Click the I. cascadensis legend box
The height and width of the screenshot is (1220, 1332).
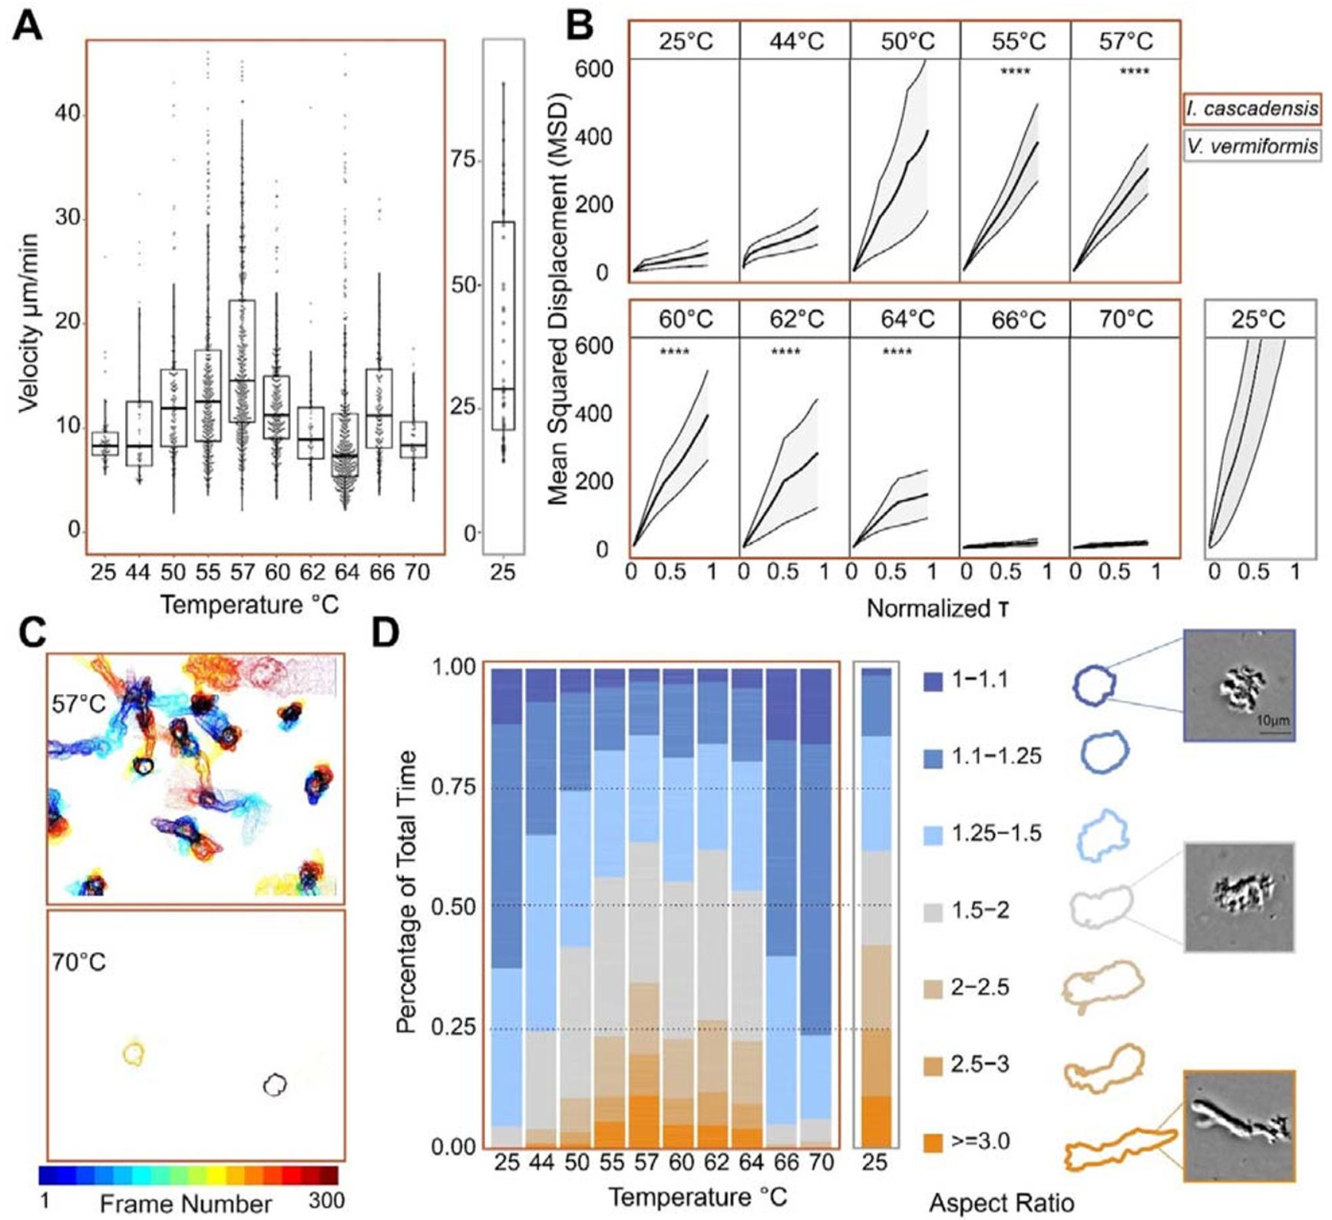1252,108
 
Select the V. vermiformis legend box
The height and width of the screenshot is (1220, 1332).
1252,146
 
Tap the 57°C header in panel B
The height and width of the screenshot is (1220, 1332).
1125,41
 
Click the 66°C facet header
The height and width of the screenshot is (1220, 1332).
1016,319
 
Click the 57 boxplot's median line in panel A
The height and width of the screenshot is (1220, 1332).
242,380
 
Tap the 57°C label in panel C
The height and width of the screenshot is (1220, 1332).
79,703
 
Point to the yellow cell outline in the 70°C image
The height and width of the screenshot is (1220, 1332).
134,1053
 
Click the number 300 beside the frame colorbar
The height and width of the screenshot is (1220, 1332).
326,1200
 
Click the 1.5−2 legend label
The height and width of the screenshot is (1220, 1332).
980,911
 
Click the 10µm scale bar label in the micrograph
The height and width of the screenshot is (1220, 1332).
1272,721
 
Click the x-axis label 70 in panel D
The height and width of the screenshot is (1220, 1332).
821,1163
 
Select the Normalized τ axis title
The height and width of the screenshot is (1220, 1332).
937,609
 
